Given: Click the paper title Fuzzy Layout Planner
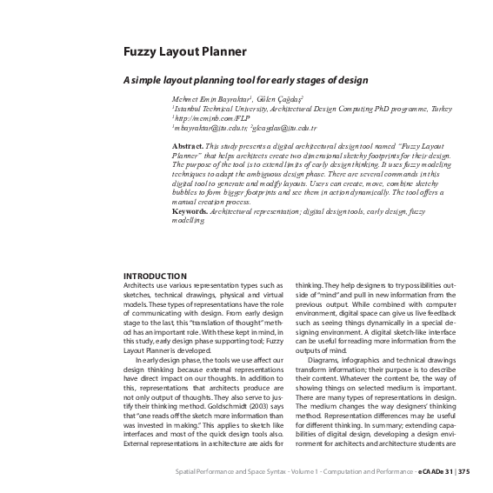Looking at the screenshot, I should (183, 52).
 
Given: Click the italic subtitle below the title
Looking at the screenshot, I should (245, 80).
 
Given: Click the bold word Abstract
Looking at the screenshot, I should (187, 145).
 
